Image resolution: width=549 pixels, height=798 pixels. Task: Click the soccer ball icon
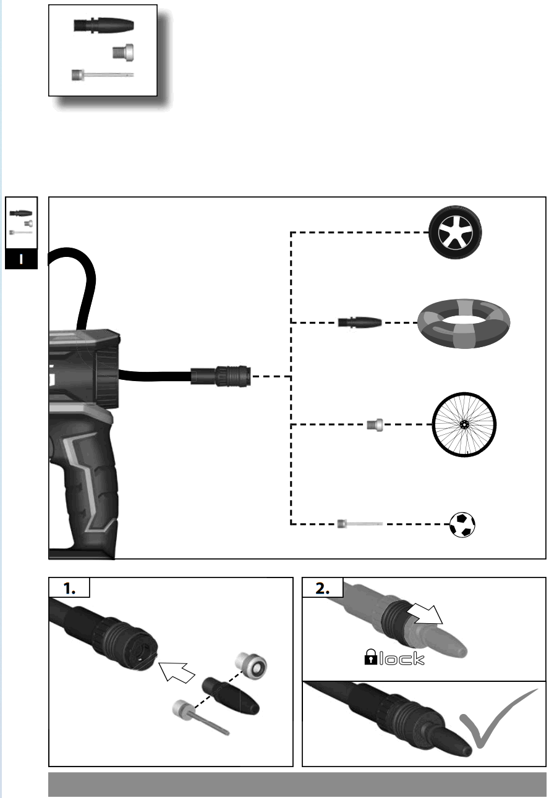pyautogui.click(x=462, y=524)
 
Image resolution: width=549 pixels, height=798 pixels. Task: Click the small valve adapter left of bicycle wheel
pyautogui.click(x=375, y=425)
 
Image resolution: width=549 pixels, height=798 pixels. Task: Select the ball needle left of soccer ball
pyautogui.click(x=359, y=524)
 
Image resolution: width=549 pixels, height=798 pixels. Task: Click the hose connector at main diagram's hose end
pyautogui.click(x=221, y=376)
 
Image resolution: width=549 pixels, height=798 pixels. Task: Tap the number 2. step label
pyautogui.click(x=323, y=589)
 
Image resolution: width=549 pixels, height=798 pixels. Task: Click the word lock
pyautogui.click(x=402, y=659)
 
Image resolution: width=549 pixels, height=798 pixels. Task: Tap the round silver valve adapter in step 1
pyautogui.click(x=252, y=666)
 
